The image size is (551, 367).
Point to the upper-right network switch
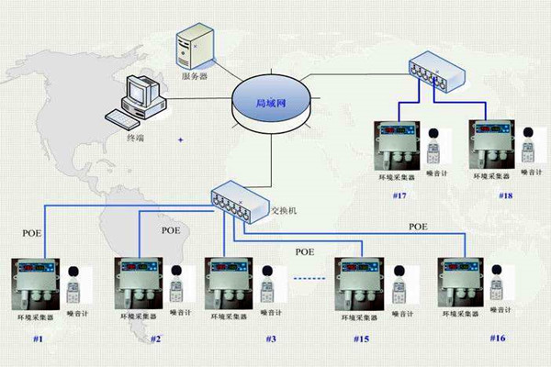[437, 68]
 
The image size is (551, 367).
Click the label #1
[38, 339]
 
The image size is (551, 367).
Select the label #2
[155, 339]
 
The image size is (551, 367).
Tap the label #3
[272, 339]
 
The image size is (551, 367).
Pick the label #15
[362, 339]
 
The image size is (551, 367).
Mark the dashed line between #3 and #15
[310, 275]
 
